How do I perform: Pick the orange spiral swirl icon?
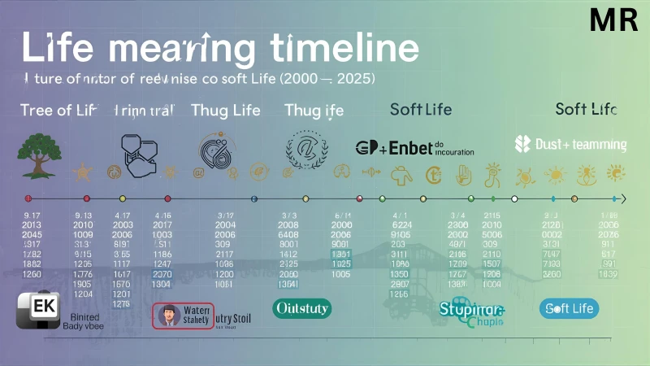click(218, 150)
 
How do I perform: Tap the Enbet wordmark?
click(404, 147)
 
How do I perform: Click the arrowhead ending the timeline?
click(623, 198)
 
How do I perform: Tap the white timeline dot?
click(513, 198)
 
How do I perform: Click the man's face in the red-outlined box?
click(169, 315)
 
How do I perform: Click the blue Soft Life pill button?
click(569, 308)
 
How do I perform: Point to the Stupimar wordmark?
click(471, 309)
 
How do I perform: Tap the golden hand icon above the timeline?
click(463, 172)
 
